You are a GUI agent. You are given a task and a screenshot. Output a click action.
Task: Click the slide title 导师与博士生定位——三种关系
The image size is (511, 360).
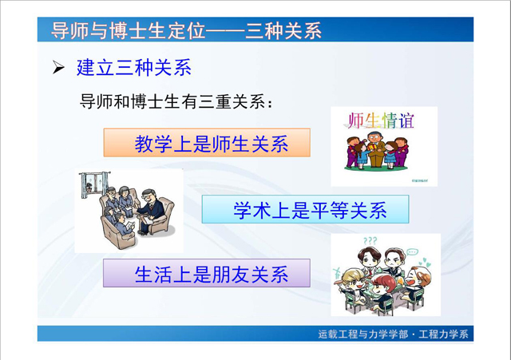click(186, 30)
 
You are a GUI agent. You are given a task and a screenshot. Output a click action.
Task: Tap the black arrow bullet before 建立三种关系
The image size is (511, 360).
click(58, 68)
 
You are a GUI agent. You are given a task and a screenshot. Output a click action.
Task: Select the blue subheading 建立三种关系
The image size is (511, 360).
click(134, 68)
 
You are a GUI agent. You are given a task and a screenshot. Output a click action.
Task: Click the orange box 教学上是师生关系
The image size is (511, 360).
click(207, 143)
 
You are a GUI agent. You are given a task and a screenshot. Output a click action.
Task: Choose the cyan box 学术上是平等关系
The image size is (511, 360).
click(305, 209)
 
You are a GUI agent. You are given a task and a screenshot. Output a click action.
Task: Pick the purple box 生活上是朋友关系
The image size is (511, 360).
click(207, 273)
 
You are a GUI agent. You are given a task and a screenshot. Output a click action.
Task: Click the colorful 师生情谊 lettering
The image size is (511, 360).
click(380, 121)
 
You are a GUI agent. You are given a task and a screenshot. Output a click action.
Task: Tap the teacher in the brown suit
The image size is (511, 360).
click(376, 149)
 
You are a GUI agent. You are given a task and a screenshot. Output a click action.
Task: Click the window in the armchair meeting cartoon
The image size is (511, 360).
click(94, 184)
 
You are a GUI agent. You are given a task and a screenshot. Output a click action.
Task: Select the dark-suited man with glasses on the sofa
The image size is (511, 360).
click(149, 210)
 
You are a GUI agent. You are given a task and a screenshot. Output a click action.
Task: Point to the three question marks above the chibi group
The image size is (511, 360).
click(370, 241)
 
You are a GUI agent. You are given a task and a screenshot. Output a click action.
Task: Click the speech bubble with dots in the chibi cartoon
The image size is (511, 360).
click(412, 252)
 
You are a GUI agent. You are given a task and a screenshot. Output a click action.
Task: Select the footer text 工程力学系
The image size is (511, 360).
click(444, 334)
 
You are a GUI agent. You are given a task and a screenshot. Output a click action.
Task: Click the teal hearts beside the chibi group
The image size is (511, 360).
click(426, 262)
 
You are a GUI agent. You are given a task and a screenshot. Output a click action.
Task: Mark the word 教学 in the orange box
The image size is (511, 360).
click(153, 144)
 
